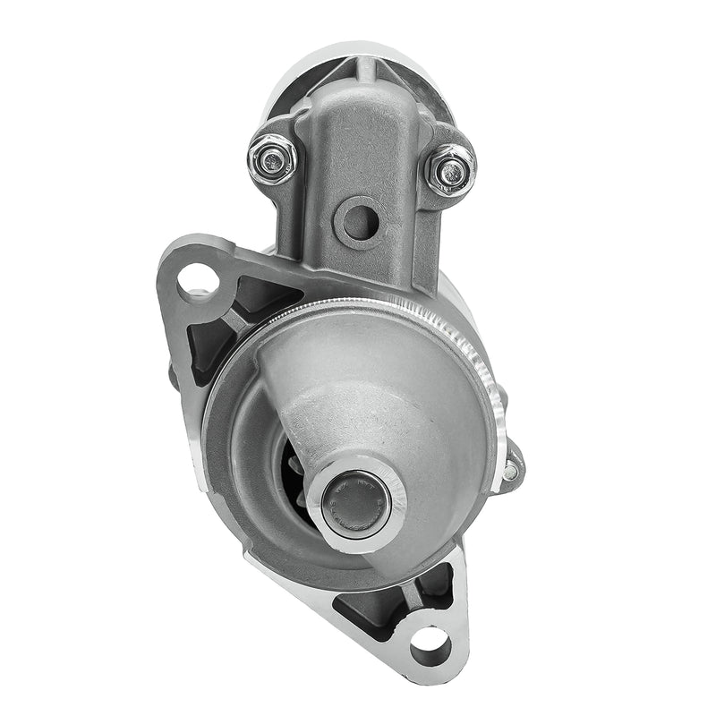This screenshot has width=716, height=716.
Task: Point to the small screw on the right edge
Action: [x=510, y=469]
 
